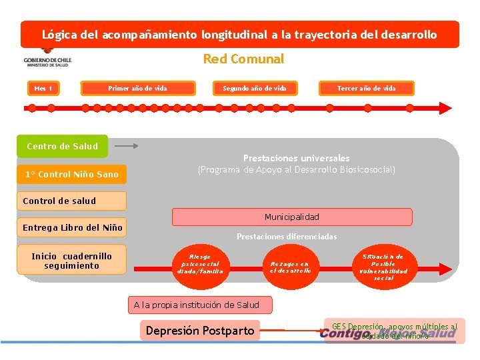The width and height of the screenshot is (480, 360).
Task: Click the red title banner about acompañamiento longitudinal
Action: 240,34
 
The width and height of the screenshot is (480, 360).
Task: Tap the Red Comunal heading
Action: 243,59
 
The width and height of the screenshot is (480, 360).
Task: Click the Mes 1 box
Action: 44,88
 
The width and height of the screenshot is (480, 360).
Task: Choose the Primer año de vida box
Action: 137,88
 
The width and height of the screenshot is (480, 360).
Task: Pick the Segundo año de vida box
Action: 254,88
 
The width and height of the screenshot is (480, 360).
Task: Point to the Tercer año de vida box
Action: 366,88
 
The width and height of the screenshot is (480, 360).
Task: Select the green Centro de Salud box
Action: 62,146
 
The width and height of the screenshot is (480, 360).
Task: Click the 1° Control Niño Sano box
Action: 72,175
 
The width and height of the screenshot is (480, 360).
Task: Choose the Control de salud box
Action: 72,201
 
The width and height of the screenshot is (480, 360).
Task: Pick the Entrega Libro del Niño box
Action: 72,227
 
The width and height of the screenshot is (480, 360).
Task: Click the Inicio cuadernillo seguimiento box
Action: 72,261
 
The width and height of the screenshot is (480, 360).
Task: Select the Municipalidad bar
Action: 292,217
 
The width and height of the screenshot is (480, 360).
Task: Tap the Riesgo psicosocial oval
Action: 200,264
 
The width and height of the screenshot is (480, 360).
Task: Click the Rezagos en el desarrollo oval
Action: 290,267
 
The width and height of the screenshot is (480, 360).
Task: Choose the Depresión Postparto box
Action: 200,331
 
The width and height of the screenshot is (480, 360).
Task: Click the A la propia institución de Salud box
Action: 197,305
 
